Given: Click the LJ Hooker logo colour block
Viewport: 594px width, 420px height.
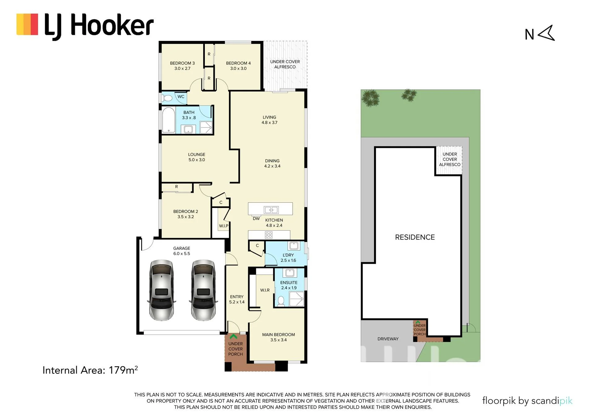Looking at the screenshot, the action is pyautogui.click(x=27, y=24).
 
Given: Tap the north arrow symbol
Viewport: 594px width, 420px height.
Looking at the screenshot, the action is pyautogui.click(x=547, y=33).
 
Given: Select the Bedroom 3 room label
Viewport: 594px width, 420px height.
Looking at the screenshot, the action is pyautogui.click(x=182, y=63).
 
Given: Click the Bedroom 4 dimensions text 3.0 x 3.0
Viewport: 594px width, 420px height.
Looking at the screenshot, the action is pyautogui.click(x=238, y=68).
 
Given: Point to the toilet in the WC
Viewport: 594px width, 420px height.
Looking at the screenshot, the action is pyautogui.click(x=167, y=98).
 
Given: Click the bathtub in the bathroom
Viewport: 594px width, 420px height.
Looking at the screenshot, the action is pyautogui.click(x=169, y=120).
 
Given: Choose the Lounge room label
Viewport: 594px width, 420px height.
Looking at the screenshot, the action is pyautogui.click(x=196, y=154).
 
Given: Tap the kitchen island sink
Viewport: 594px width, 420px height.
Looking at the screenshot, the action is pyautogui.click(x=271, y=210).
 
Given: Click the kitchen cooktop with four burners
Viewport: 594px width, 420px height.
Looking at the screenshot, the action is pyautogui.click(x=269, y=235).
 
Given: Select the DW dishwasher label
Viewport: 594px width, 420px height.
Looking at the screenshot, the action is pyautogui.click(x=256, y=219).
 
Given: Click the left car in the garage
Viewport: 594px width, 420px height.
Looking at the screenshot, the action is pyautogui.click(x=161, y=290).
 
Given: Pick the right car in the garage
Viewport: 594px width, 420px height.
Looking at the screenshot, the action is pyautogui.click(x=203, y=290).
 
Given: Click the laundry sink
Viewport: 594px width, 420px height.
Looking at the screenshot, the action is pyautogui.click(x=294, y=246).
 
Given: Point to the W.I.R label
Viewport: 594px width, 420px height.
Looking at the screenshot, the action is pyautogui.click(x=265, y=290).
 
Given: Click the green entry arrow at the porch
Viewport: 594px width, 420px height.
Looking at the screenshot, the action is pyautogui.click(x=233, y=336).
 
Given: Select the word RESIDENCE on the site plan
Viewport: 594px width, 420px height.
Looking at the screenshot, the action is pyautogui.click(x=415, y=237).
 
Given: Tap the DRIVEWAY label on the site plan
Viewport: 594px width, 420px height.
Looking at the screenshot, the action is pyautogui.click(x=388, y=339).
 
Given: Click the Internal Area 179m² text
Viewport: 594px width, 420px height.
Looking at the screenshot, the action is pyautogui.click(x=90, y=370).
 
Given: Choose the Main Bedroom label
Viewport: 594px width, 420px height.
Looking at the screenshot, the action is pyautogui.click(x=278, y=335).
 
